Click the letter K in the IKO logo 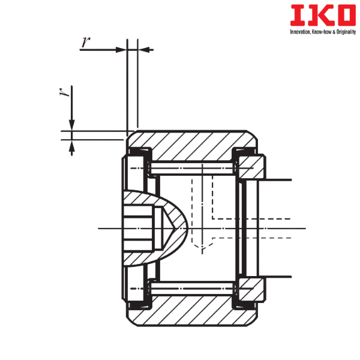[315, 16]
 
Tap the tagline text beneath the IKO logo [322, 31]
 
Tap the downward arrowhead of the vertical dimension [71, 124]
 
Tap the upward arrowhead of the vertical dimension [71, 145]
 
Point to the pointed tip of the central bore [187, 228]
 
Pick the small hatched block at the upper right [252, 167]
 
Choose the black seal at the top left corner [139, 151]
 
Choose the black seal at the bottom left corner [139, 305]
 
